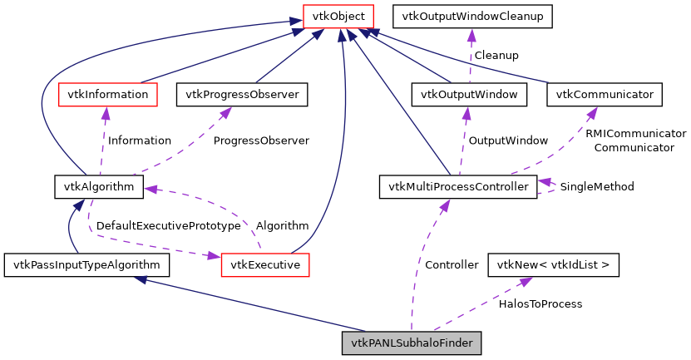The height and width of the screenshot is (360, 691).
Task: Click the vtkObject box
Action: click(338, 16)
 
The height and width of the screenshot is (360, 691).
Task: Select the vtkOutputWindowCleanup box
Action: click(472, 16)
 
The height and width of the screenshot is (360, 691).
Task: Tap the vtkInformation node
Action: click(107, 95)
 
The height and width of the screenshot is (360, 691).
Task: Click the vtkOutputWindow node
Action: click(469, 95)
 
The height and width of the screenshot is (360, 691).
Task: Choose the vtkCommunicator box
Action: click(605, 95)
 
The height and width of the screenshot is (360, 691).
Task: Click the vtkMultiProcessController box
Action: click(457, 186)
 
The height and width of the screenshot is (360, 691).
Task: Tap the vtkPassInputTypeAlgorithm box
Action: click(87, 265)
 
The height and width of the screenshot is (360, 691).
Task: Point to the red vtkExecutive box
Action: click(265, 265)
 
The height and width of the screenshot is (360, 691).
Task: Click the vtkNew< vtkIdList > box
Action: click(553, 265)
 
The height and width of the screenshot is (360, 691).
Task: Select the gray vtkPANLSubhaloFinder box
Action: click(412, 343)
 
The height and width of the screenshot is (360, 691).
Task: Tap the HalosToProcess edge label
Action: click(540, 304)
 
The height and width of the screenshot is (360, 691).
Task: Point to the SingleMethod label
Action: click(597, 187)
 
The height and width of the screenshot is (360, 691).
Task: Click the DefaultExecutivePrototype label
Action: click(168, 225)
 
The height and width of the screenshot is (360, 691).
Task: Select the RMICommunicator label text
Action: click(635, 133)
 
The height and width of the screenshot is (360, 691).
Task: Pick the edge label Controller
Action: click(452, 265)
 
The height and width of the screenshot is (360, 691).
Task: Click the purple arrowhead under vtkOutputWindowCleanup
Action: click(471, 35)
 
